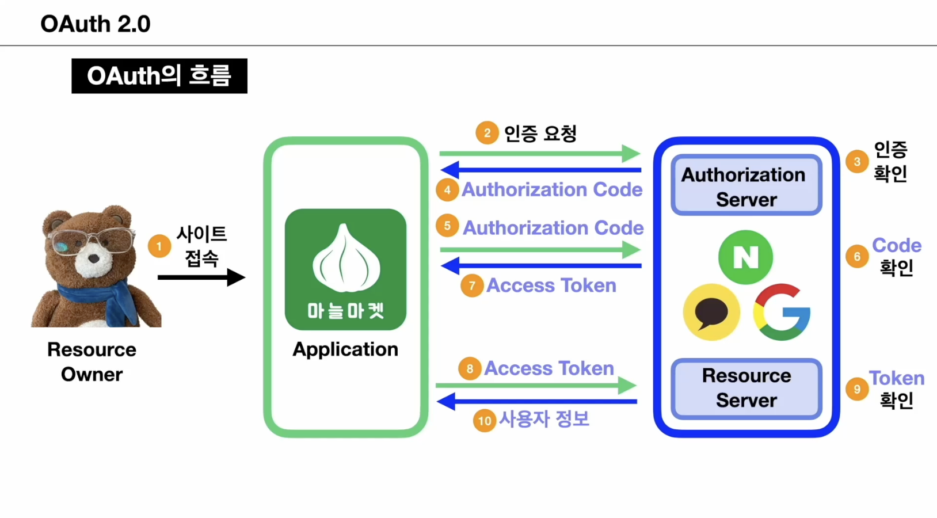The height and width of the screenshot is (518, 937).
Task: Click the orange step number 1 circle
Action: pos(159,246)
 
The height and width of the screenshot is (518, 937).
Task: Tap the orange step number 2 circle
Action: pos(487,133)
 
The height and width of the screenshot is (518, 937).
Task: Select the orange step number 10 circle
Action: pos(485,421)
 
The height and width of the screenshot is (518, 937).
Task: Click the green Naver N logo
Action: pos(745,257)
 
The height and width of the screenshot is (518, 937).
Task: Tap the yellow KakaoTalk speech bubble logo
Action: pos(711,312)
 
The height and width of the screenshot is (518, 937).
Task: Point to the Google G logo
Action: pos(782,312)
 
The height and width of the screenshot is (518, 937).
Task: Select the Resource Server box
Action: pos(746,388)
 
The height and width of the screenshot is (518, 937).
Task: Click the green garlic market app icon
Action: pos(345,269)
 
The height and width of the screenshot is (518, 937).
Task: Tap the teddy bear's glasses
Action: pos(92,241)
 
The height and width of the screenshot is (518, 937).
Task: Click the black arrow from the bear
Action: pos(201,277)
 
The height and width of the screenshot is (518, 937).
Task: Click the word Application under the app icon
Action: pos(345,349)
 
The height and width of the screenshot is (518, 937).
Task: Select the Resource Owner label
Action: pos(92,361)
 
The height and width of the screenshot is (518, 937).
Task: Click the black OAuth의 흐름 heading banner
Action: pos(159,76)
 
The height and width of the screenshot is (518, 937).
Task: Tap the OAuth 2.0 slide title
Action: pos(96,24)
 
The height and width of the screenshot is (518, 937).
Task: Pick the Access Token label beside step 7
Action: pos(551,285)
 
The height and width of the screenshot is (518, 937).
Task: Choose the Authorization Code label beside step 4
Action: pos(552,189)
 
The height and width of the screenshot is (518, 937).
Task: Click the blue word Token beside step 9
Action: pos(896,378)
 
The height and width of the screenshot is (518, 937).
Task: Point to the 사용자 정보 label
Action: pos(544,419)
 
